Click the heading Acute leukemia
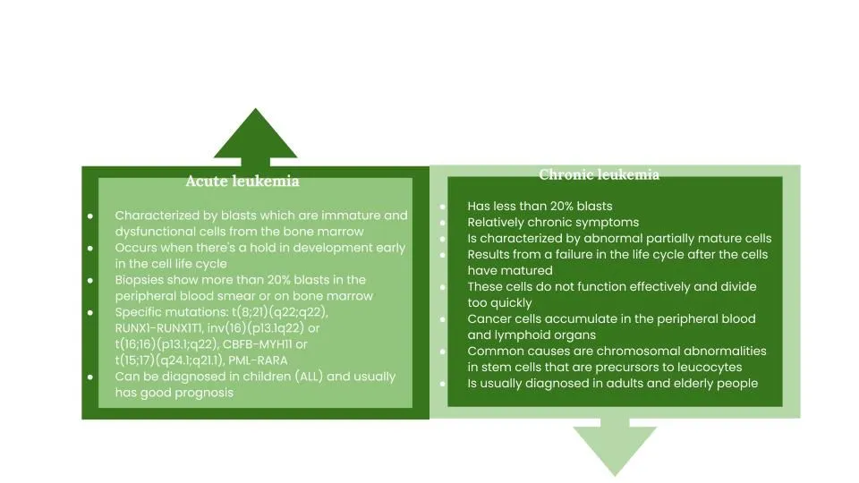tap(242, 182)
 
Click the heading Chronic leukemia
tap(599, 174)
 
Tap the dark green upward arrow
tap(255, 136)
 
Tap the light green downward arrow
tap(614, 448)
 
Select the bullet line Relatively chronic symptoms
tap(553, 222)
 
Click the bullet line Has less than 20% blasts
tap(540, 206)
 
